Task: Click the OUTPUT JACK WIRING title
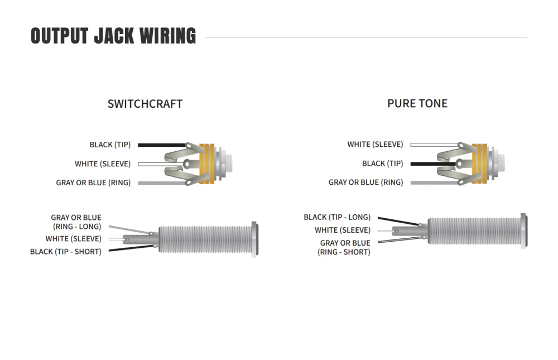[x=113, y=36]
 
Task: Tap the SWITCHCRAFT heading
[x=145, y=104]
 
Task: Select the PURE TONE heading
[x=417, y=103]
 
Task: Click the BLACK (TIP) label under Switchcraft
[x=110, y=145]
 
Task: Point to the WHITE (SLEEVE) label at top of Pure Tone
[x=375, y=144]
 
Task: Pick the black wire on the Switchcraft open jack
[x=162, y=145]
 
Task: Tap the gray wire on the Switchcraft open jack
[x=162, y=183]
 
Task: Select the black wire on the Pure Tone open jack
[x=434, y=164]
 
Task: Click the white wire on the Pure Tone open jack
[x=435, y=145]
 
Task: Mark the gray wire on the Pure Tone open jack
[x=435, y=183]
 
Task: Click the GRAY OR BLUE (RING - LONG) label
[x=76, y=222]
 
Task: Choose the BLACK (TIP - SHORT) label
[x=65, y=251]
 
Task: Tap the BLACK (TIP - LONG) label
[x=337, y=217]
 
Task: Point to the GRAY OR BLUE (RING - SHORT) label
[x=344, y=247]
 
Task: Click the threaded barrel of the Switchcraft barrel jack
[x=205, y=239]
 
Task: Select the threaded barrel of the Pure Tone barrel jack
[x=474, y=232]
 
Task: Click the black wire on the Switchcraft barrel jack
[x=131, y=248]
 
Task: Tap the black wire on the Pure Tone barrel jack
[x=398, y=221]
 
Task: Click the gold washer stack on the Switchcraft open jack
[x=207, y=164]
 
